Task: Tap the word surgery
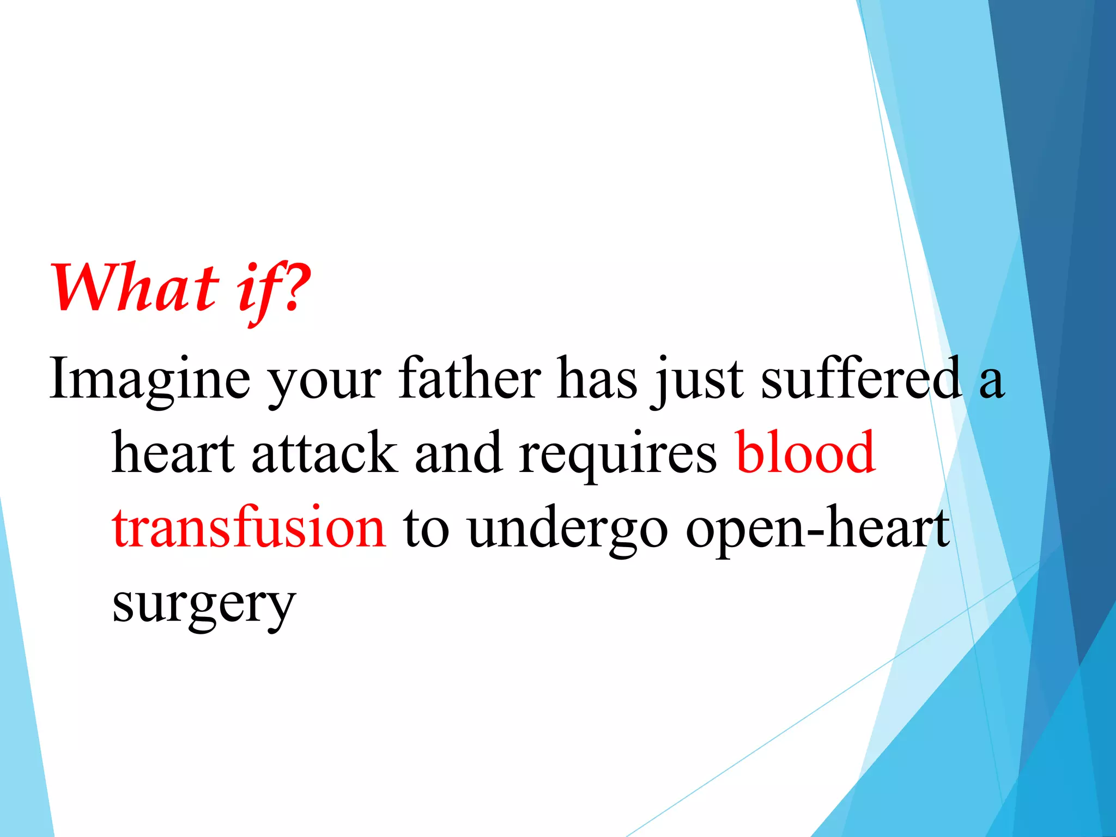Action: coord(204,605)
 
